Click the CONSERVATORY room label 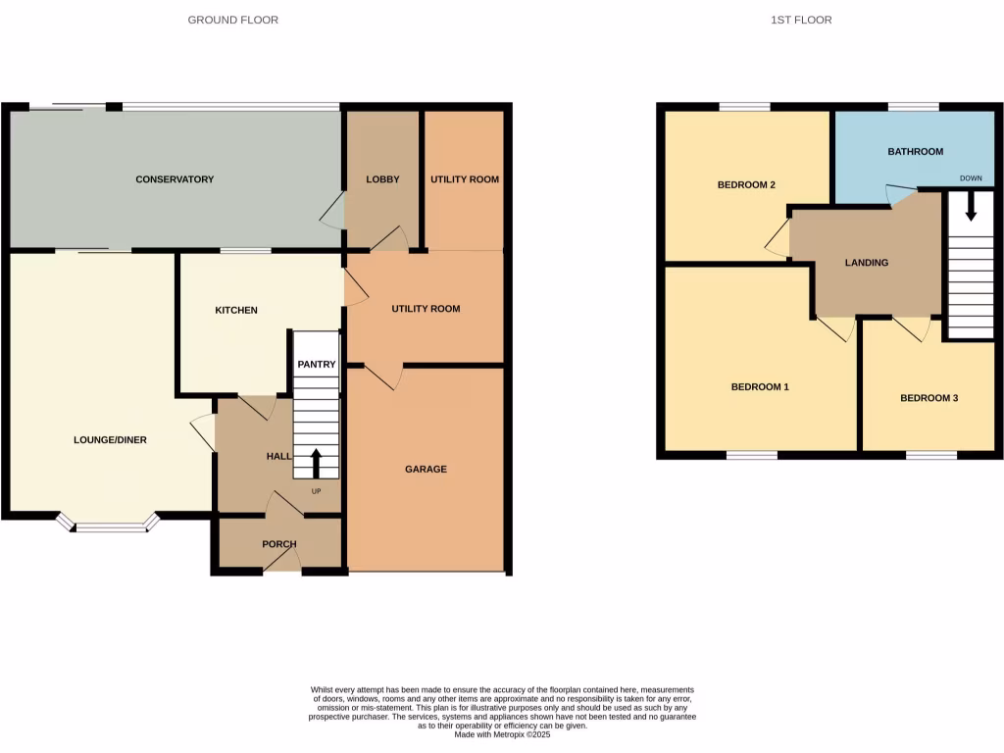click(x=175, y=179)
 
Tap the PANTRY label click(x=317, y=365)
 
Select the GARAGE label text click(x=426, y=470)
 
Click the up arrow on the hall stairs click(x=316, y=462)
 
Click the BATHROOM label click(x=915, y=152)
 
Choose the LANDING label click(x=867, y=263)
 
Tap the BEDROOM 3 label click(x=929, y=398)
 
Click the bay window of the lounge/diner click(x=109, y=527)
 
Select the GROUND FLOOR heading click(x=233, y=20)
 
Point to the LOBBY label click(x=382, y=179)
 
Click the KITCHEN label click(x=236, y=311)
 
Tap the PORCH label click(x=279, y=544)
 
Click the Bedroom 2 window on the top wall click(x=745, y=107)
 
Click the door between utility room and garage click(x=383, y=376)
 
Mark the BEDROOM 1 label click(x=760, y=387)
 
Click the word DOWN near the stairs click(x=971, y=178)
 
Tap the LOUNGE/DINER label click(x=110, y=440)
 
